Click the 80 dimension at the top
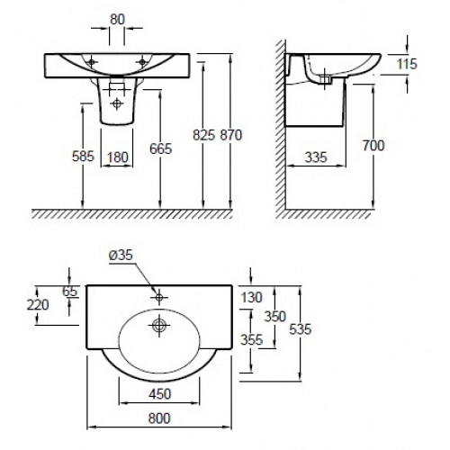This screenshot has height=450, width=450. click(117, 20)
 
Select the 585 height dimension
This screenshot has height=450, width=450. click(83, 156)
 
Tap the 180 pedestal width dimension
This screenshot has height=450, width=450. click(117, 157)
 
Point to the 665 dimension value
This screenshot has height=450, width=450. click(161, 148)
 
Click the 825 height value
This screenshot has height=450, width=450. click(203, 135)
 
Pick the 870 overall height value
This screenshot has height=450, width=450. click(231, 135)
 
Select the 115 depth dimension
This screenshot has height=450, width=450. click(407, 64)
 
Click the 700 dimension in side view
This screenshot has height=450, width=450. click(373, 146)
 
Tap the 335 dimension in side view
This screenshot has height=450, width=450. click(316, 157)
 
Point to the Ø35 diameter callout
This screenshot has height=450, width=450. click(121, 256)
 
